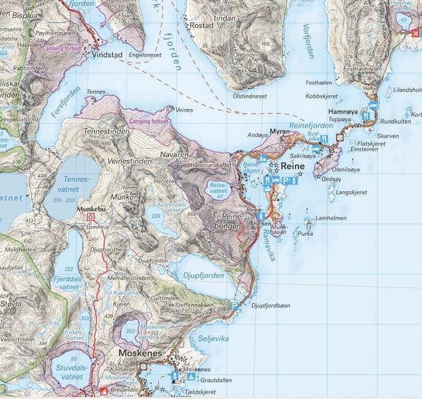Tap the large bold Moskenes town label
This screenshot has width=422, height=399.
(x=140, y=353)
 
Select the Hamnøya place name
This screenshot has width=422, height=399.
(x=344, y=112)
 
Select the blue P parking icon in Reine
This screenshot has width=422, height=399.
(x=286, y=181)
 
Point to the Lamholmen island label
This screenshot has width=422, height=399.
(x=331, y=218)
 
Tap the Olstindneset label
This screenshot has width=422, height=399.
(x=244, y=96)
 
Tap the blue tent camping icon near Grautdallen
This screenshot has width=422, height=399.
(x=191, y=376)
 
